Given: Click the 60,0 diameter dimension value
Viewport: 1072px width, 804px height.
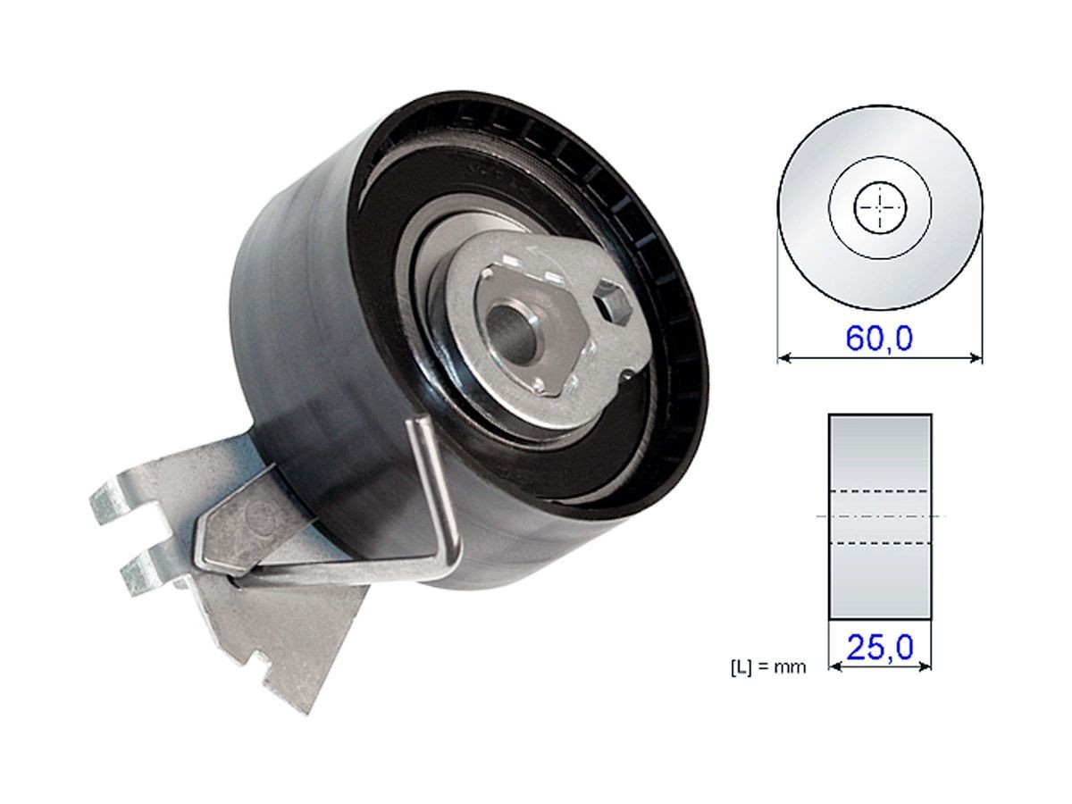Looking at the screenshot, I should pyautogui.click(x=879, y=339).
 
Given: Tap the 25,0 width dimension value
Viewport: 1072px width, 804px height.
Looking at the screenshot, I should pyautogui.click(x=880, y=646).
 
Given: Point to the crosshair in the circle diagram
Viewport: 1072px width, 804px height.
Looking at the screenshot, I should pyautogui.click(x=880, y=209).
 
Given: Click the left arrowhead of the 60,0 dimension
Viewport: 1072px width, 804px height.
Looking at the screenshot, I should pyautogui.click(x=783, y=357).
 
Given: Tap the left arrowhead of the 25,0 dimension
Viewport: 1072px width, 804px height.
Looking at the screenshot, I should pyautogui.click(x=834, y=665).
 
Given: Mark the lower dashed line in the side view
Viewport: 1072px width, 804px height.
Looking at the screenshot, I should pyautogui.click(x=880, y=542).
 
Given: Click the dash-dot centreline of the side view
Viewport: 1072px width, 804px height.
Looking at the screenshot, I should pyautogui.click(x=880, y=517).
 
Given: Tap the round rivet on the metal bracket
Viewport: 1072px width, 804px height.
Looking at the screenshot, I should pyautogui.click(x=260, y=514).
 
